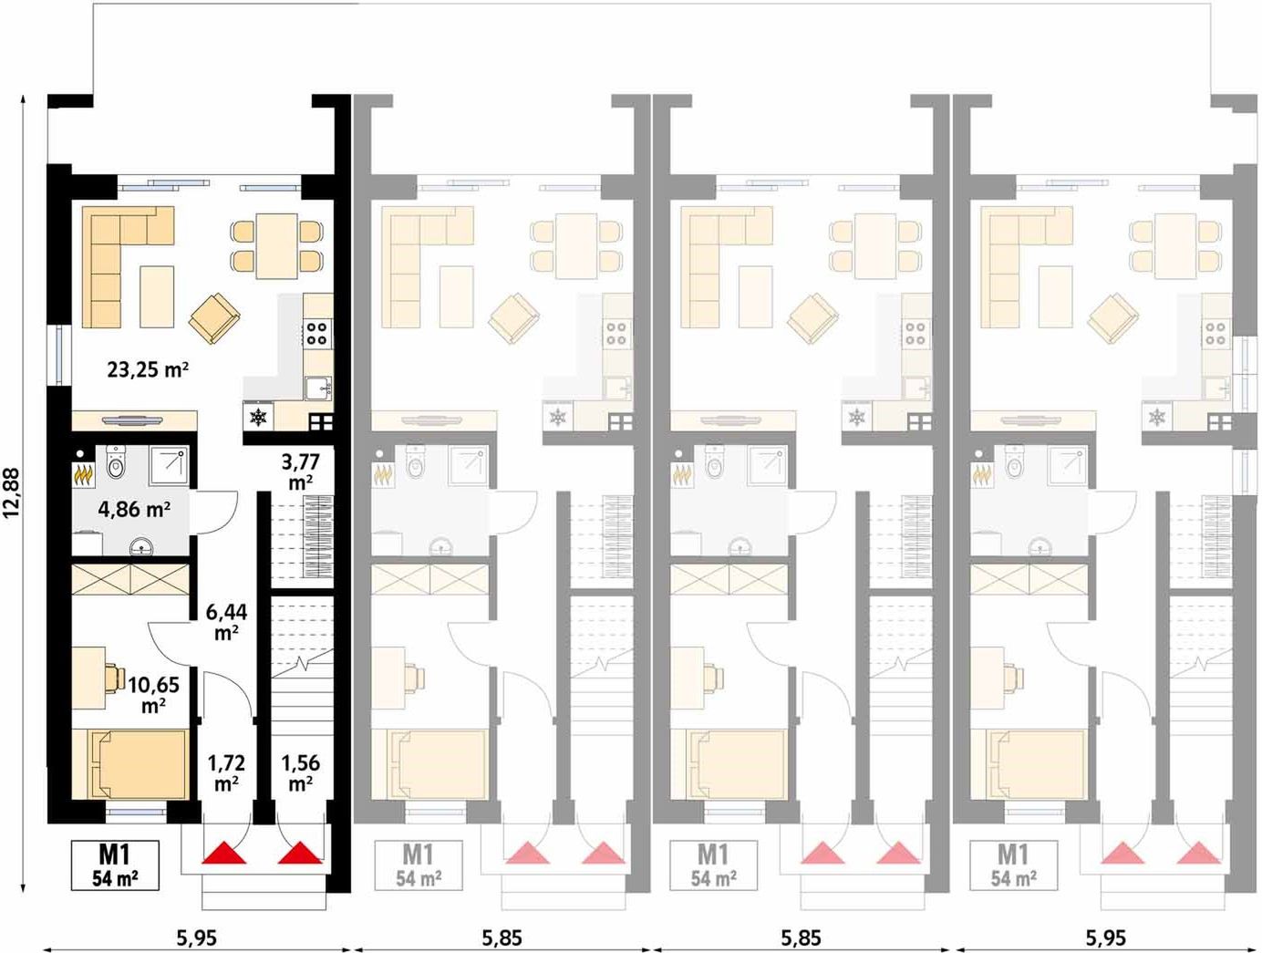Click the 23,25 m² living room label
click(x=148, y=369)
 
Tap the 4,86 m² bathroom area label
click(x=134, y=509)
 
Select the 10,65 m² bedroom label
click(x=153, y=694)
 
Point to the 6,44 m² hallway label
click(x=226, y=621)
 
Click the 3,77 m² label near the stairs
click(x=300, y=471)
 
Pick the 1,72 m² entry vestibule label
click(x=226, y=772)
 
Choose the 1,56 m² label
click(x=300, y=772)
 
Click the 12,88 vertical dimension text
click(x=12, y=493)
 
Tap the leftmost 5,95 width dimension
click(x=197, y=938)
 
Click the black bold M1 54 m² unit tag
click(x=115, y=865)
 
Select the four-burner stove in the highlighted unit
click(x=316, y=334)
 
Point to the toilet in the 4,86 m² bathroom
click(x=116, y=462)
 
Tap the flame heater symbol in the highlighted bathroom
click(x=83, y=476)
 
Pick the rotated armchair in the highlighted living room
click(x=214, y=318)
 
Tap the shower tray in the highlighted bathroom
click(x=169, y=466)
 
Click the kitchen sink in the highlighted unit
click(x=318, y=388)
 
